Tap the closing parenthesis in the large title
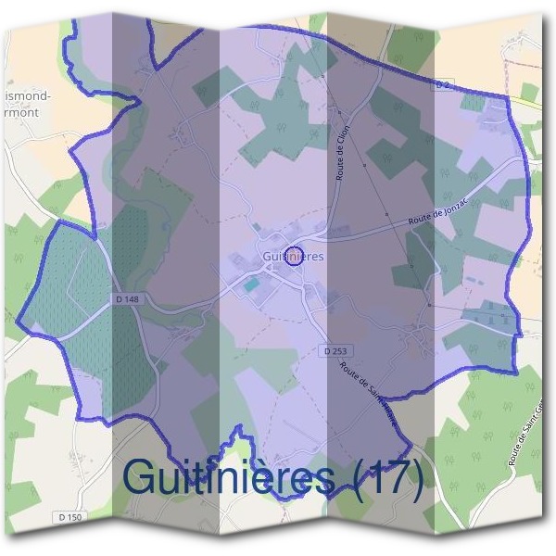click(x=416, y=478)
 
